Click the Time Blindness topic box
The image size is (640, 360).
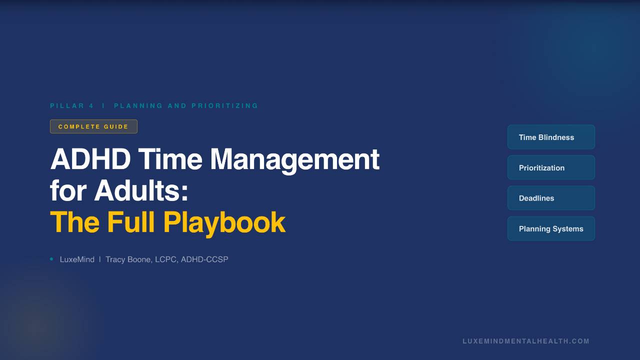pos(551,137)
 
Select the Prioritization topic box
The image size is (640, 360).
pos(551,167)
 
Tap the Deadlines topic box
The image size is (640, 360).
pos(551,198)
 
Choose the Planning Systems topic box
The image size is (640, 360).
pos(551,228)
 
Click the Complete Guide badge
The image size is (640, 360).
pos(93,126)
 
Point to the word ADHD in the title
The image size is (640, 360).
pos(90,159)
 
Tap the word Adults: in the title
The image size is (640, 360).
pos(141,191)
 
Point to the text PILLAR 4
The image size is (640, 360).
pos(72,106)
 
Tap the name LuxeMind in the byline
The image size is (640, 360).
pos(77,259)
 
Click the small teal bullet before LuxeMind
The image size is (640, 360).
pos(51,259)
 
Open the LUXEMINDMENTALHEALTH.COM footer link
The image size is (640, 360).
pos(526,341)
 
